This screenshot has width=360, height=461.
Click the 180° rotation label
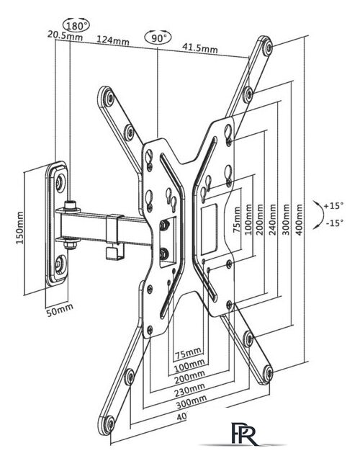(x=76, y=26)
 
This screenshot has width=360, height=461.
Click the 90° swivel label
(x=158, y=38)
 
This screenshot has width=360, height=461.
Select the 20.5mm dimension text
(x=65, y=35)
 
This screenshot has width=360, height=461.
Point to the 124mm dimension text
(x=113, y=40)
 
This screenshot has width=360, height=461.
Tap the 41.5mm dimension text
(x=200, y=48)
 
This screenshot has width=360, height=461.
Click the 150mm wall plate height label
(x=19, y=228)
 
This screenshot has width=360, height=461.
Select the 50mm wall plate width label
(x=60, y=310)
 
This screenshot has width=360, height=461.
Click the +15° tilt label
(x=333, y=205)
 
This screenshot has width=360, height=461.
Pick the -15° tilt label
(x=334, y=223)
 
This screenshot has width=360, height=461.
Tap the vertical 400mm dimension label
(x=299, y=220)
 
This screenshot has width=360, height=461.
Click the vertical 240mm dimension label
(x=273, y=220)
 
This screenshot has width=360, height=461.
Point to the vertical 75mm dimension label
(x=237, y=220)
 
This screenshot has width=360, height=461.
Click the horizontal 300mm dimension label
(x=192, y=401)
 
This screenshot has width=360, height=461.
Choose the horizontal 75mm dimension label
(x=188, y=353)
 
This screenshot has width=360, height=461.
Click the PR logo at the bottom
(x=243, y=434)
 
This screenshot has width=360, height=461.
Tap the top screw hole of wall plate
(x=60, y=181)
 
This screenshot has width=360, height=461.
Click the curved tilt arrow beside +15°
(x=320, y=215)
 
